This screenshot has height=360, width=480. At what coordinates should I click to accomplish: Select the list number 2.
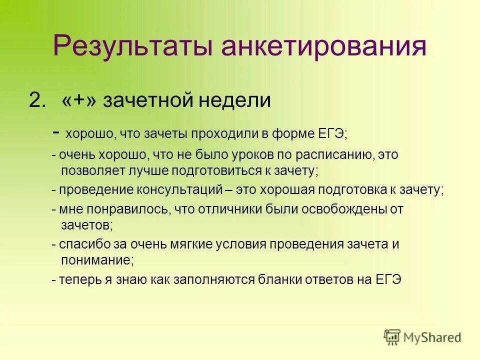pos(38,101)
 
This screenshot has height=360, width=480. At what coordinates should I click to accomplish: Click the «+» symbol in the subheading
pos(79,101)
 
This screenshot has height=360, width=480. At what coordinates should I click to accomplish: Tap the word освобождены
pos(345,209)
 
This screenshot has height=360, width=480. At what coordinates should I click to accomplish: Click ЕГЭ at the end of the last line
pos(388,279)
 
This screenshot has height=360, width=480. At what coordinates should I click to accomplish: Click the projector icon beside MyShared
pos(392,337)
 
